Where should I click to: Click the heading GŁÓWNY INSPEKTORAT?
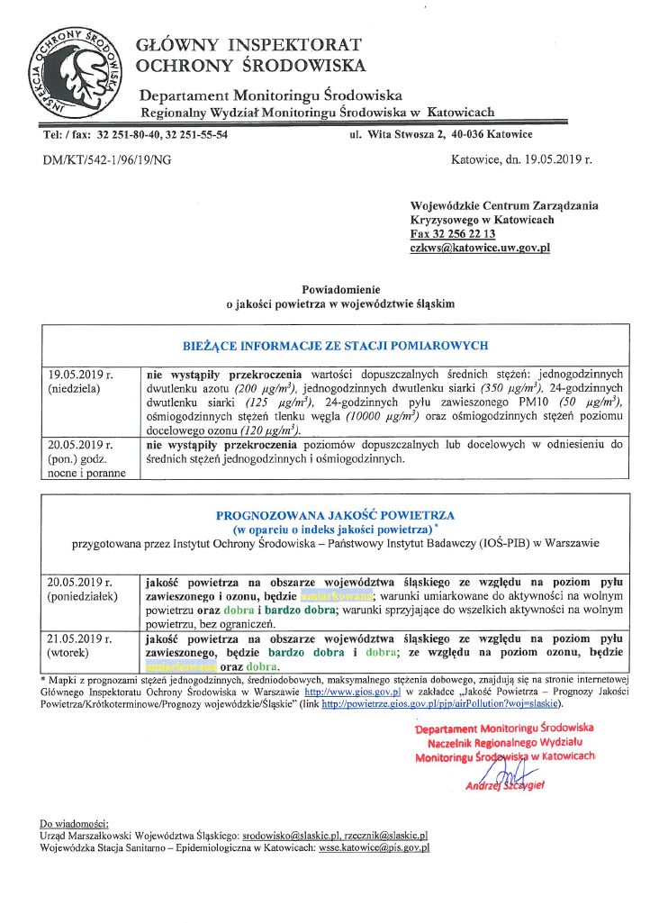248,44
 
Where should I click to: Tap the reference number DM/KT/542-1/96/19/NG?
107,160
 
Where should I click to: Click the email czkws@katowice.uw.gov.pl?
479,247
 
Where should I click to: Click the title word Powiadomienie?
339,290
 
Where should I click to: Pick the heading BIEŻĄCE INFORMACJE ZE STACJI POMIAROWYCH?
335,345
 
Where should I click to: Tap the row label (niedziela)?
75,388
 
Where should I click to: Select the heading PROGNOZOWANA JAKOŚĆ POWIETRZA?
335,515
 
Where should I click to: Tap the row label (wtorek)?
70,652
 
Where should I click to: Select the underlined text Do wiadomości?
75,823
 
